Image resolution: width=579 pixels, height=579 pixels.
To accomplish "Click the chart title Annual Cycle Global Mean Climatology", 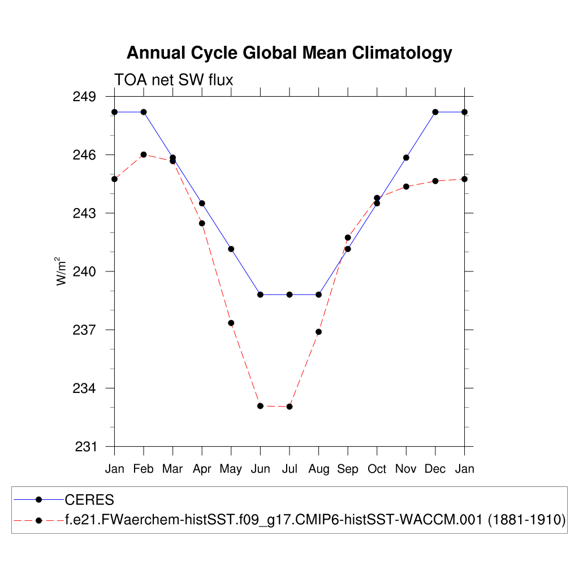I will click(289, 53).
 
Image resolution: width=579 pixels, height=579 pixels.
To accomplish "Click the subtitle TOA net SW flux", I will click(174, 80).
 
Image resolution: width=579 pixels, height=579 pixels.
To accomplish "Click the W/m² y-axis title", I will click(62, 271).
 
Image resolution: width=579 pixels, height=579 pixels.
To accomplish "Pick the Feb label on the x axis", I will click(144, 469).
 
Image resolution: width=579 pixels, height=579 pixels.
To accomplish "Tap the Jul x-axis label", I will click(289, 469).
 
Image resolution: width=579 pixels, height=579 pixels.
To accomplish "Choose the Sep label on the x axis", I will click(348, 469).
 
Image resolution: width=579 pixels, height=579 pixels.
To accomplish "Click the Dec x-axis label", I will click(435, 469).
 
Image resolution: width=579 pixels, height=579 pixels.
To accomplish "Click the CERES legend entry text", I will click(89, 500).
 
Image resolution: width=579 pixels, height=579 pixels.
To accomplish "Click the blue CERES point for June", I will click(260, 295).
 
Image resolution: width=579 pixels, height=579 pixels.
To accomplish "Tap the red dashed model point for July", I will click(289, 407).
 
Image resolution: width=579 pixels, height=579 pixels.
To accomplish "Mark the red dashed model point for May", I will click(231, 323).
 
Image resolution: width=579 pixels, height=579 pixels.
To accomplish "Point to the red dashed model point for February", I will click(144, 154).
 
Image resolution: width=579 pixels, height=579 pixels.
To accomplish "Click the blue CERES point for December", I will click(435, 112).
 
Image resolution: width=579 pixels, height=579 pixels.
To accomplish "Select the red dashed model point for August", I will click(318, 332).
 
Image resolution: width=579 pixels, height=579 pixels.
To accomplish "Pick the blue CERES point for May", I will click(231, 249).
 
